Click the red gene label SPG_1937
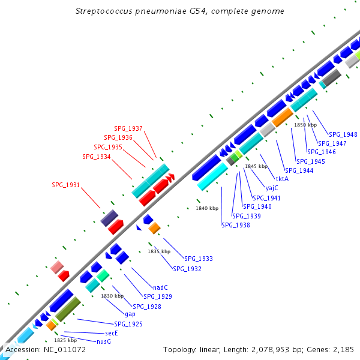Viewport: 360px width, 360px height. [x=128, y=128]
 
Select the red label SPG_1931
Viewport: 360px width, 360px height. [x=65, y=185]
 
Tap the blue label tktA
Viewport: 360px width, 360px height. [x=282, y=179]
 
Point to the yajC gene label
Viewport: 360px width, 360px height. [x=272, y=188]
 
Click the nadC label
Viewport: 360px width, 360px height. [x=160, y=287]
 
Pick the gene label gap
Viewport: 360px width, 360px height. [x=130, y=314]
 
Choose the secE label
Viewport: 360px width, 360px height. [x=112, y=333]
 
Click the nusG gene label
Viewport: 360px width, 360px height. [x=104, y=341]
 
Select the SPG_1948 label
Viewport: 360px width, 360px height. [x=343, y=134]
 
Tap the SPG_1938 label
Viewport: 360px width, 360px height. [x=236, y=225]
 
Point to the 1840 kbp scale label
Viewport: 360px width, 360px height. [x=207, y=208]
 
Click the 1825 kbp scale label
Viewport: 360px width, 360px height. [x=65, y=340]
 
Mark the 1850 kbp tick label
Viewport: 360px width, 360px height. [x=305, y=125]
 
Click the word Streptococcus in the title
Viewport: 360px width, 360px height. [x=104, y=11]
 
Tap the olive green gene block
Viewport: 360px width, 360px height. [x=68, y=309]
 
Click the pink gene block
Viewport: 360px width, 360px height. [x=57, y=267]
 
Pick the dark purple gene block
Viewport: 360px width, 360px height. [x=109, y=218]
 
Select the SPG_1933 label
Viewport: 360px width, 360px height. [x=199, y=259]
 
